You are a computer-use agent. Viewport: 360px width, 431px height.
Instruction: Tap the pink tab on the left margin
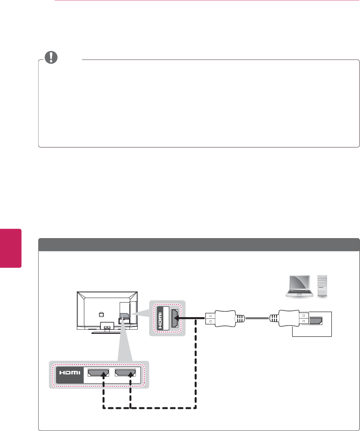(10, 248)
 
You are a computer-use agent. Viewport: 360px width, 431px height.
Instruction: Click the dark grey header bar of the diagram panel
(199, 245)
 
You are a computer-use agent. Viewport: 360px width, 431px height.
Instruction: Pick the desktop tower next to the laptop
(322, 285)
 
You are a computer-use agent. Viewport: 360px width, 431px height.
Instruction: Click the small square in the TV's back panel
(101, 314)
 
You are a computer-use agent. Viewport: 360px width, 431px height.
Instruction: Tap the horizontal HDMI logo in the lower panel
(69, 372)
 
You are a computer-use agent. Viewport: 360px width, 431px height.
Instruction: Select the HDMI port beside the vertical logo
(175, 318)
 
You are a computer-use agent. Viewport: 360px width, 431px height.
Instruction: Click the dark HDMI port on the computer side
(315, 320)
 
